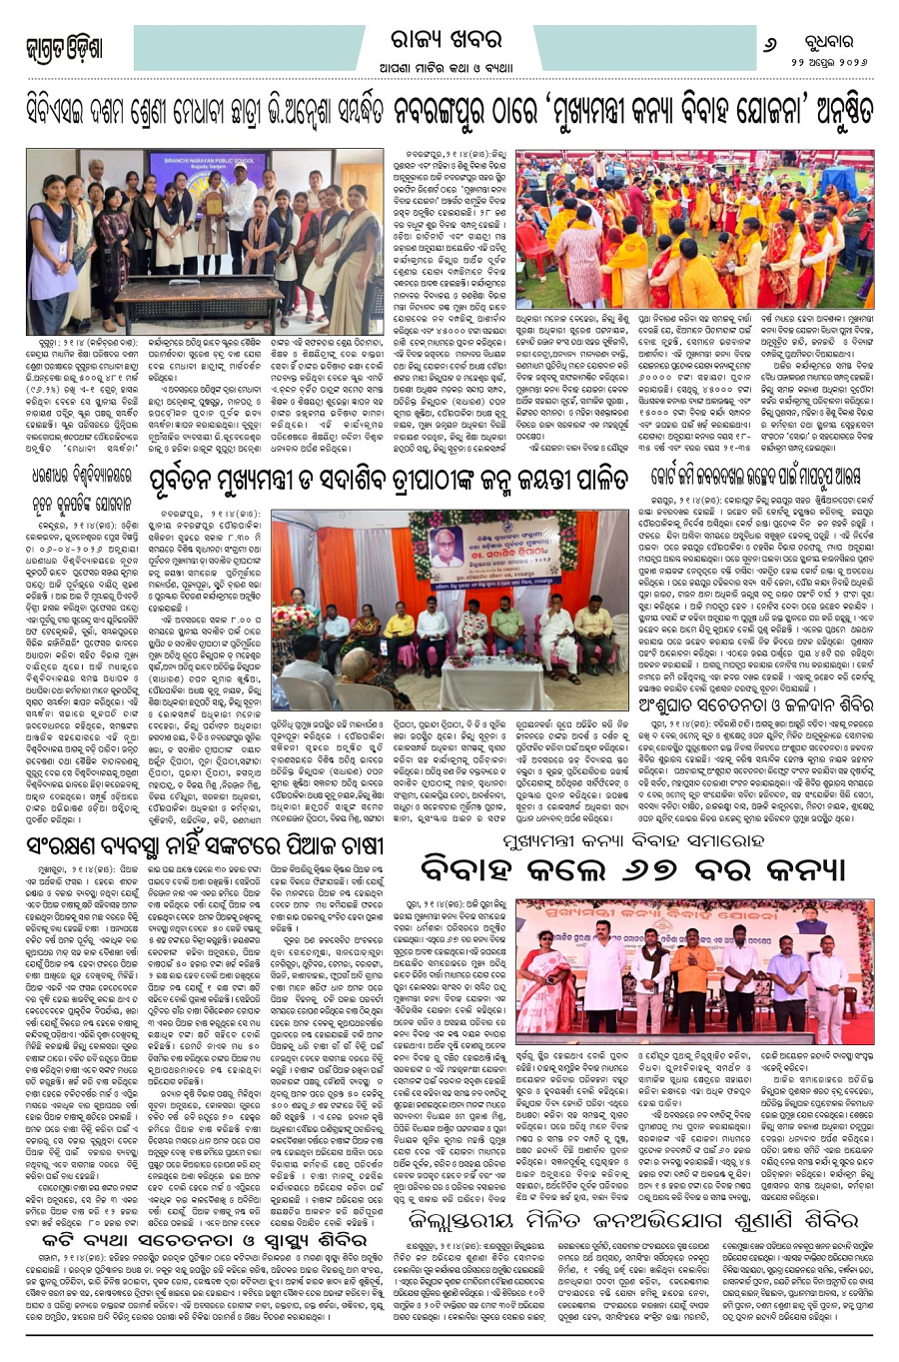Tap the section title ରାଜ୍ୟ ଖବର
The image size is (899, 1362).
[x=447, y=38]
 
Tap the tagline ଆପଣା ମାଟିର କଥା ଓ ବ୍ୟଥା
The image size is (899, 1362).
[x=447, y=65]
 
